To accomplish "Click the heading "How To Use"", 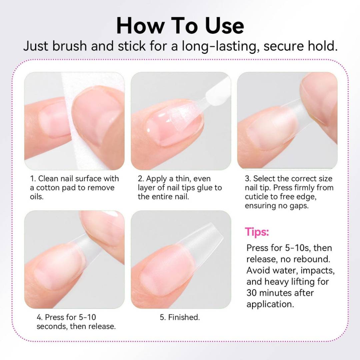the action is (x=180, y=26).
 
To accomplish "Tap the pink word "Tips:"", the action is (x=257, y=232).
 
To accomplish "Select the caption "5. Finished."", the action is (x=180, y=317).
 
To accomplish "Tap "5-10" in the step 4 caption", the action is (x=87, y=317).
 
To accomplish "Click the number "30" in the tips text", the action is (x=252, y=293).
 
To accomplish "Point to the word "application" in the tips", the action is (x=270, y=304).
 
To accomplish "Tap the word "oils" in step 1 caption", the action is (x=37, y=197).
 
